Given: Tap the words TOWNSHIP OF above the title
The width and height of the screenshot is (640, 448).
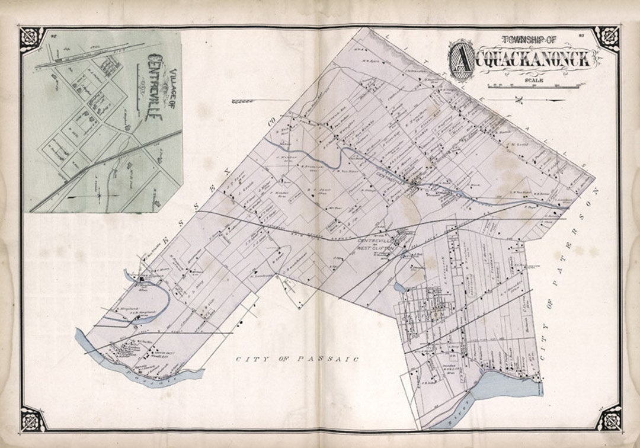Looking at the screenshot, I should tap(529, 40).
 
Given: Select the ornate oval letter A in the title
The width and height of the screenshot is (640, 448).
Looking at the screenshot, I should tap(462, 59).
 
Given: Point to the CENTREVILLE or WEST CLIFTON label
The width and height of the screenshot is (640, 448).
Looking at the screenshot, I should tap(376, 245).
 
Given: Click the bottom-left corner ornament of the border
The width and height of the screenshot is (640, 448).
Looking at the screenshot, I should tap(33, 418).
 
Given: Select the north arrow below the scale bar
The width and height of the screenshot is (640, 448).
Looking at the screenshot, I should tap(521, 98).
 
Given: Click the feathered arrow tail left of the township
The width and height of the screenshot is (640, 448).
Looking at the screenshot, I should tap(244, 101).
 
